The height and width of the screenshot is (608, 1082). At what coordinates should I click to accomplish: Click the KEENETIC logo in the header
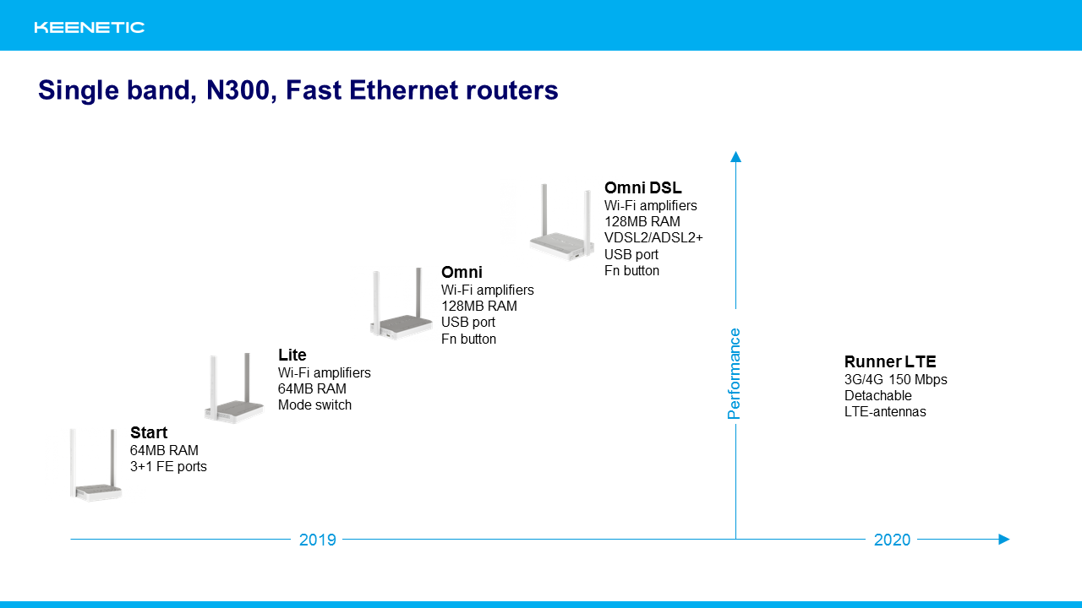tap(90, 28)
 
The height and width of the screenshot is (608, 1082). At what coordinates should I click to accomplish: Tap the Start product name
tap(149, 432)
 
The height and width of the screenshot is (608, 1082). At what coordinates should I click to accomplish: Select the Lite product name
tap(292, 355)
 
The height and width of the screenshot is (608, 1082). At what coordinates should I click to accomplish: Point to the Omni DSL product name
tap(643, 187)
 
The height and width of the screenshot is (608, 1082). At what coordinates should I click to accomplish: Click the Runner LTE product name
tap(890, 361)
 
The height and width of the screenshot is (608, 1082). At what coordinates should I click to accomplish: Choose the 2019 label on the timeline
tap(317, 540)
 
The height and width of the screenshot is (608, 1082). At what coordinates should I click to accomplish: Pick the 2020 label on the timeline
tap(892, 540)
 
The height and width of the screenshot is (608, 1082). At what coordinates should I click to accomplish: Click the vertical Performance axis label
tap(735, 373)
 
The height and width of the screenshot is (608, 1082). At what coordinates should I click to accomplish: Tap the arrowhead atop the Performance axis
tap(735, 157)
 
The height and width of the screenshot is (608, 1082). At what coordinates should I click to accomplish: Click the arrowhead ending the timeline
tap(1004, 539)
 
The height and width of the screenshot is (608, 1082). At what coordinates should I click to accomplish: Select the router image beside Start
tap(96, 464)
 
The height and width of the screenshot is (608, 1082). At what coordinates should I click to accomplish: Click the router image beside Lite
tap(234, 388)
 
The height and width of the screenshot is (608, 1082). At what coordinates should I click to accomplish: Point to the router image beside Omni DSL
tap(561, 222)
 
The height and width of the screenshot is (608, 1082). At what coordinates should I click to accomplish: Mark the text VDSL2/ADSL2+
tap(653, 238)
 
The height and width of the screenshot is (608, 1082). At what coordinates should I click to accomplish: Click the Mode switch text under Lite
tap(314, 404)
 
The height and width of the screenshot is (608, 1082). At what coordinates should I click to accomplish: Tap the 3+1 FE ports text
tap(168, 467)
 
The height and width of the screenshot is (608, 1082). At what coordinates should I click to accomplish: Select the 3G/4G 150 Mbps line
tap(895, 380)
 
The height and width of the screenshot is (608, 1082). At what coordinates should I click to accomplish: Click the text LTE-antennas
tap(885, 411)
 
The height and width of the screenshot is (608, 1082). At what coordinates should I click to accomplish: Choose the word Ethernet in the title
tap(403, 90)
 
